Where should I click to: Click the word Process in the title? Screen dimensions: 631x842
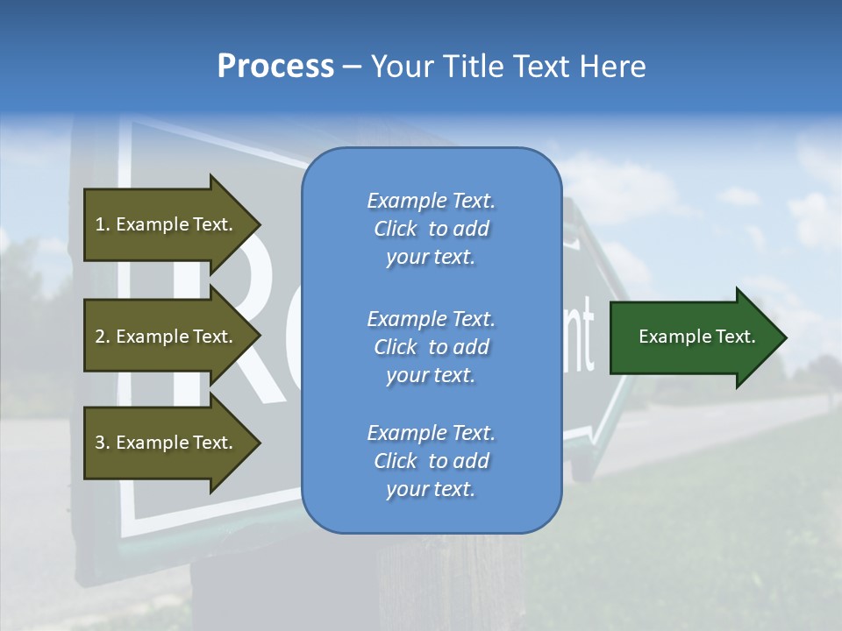click(275, 67)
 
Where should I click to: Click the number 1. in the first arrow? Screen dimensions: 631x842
click(102, 224)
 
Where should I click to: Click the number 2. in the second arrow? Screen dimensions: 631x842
click(102, 337)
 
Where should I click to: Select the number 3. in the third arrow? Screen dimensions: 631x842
click(102, 443)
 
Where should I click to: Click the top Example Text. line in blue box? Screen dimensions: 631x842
click(431, 201)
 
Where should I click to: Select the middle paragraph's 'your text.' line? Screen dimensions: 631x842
click(431, 375)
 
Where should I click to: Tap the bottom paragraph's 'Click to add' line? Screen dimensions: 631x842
click(431, 461)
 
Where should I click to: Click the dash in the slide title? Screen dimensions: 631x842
click(352, 67)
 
